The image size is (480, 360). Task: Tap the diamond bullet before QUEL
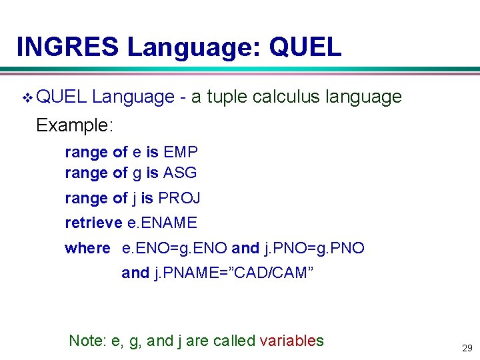click(x=27, y=98)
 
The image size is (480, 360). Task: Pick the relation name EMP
click(x=181, y=152)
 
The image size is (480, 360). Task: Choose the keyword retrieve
click(x=93, y=223)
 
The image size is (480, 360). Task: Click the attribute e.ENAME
click(x=162, y=223)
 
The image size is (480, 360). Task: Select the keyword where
click(x=87, y=248)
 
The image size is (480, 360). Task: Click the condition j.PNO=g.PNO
click(x=314, y=248)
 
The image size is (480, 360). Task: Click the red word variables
click(x=291, y=341)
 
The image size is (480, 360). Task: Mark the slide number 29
click(x=466, y=348)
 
